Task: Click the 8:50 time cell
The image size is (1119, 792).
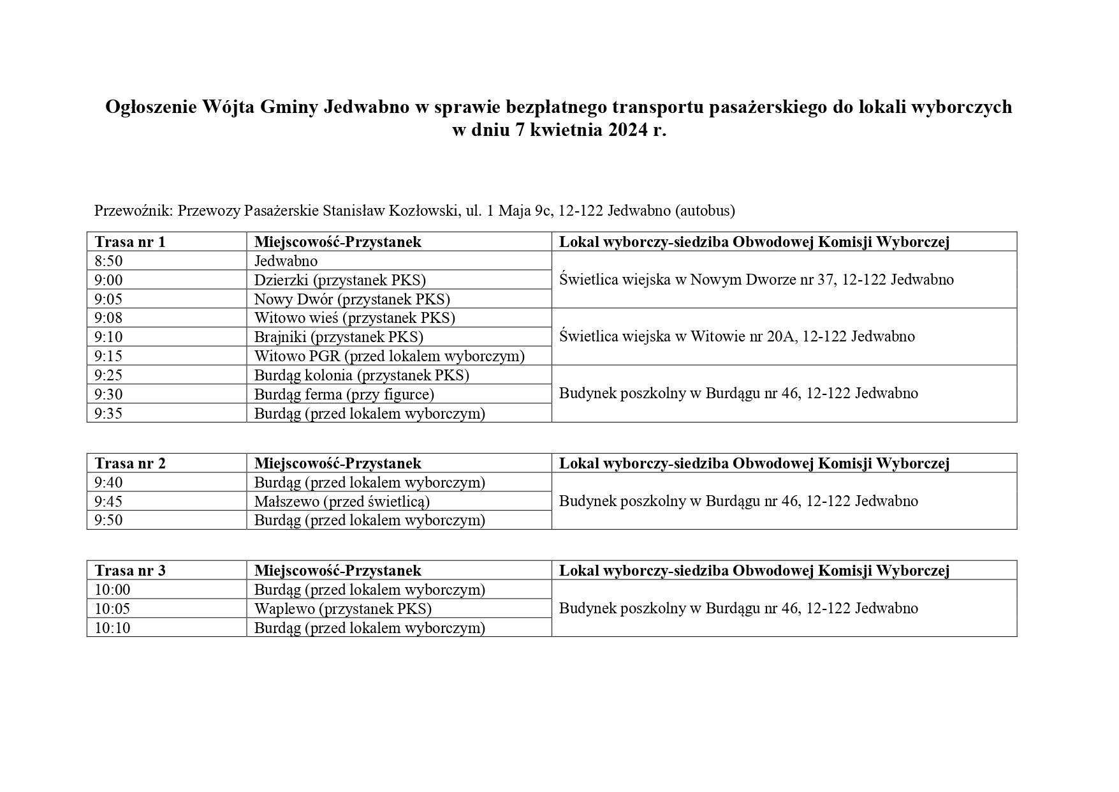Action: click(109, 261)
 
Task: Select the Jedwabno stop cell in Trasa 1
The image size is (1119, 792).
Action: click(286, 261)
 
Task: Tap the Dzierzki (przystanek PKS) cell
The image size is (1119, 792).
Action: click(340, 280)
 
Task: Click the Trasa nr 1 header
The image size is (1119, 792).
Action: click(130, 242)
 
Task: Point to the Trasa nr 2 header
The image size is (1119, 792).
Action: click(130, 463)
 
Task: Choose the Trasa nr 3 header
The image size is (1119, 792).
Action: click(130, 571)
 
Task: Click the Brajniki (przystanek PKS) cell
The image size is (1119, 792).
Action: click(339, 337)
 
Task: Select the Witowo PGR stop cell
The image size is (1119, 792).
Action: click(389, 356)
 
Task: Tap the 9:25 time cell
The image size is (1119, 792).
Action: click(109, 375)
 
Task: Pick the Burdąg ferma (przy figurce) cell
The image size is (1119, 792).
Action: click(344, 394)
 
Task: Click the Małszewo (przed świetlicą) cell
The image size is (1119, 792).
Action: click(342, 502)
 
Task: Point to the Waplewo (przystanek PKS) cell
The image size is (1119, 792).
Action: click(343, 609)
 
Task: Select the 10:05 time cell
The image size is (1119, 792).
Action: click(112, 609)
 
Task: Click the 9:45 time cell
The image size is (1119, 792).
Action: click(109, 502)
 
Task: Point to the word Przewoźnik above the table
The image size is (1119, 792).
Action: click(133, 211)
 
